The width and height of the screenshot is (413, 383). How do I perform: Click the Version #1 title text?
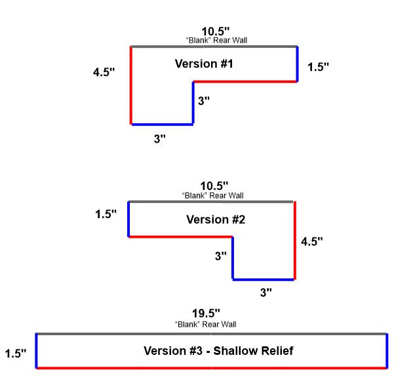click(x=204, y=64)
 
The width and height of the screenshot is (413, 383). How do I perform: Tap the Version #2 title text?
click(x=216, y=219)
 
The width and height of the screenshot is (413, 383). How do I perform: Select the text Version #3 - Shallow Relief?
click(x=218, y=351)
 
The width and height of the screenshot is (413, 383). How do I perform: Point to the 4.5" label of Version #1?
click(x=104, y=71)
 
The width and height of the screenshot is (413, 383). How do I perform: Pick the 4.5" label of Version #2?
click(x=312, y=241)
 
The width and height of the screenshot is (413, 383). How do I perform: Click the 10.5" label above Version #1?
click(x=216, y=31)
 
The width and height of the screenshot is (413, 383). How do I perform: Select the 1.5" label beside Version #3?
click(x=16, y=354)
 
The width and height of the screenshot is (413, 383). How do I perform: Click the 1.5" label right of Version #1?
click(x=318, y=67)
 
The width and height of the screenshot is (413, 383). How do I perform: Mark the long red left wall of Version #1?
click(x=131, y=85)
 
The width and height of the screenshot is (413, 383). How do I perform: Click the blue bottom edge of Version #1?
click(x=162, y=124)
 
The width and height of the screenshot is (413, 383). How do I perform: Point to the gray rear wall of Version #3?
click(x=211, y=334)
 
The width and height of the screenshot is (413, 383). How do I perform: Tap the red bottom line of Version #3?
click(x=211, y=368)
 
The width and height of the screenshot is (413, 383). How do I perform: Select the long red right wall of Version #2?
click(x=295, y=240)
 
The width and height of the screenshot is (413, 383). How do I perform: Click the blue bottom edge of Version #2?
click(x=264, y=280)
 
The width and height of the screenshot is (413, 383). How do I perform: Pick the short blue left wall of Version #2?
click(x=128, y=219)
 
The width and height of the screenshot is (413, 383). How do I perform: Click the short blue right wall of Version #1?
click(x=297, y=64)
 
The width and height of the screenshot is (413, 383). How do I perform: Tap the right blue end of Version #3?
click(x=387, y=351)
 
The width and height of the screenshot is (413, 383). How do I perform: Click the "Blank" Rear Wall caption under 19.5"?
click(x=206, y=324)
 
